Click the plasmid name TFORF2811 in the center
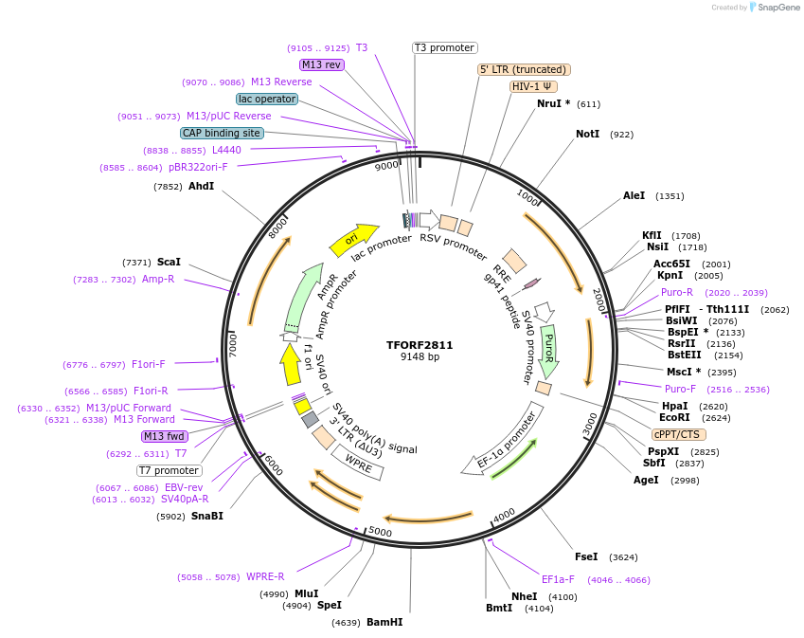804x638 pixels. (420, 344)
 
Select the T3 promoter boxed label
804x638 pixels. (445, 47)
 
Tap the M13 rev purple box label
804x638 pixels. (321, 64)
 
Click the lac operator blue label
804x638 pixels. (267, 99)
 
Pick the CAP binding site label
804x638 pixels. (221, 134)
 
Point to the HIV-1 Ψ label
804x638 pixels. (533, 86)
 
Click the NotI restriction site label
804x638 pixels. (587, 135)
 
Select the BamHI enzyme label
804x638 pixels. (384, 623)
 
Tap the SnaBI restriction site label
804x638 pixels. (207, 517)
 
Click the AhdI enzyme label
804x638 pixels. (201, 187)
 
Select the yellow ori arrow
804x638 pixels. (353, 241)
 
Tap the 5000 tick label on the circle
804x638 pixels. (381, 532)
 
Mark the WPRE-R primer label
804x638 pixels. (265, 576)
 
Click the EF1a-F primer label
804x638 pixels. (558, 579)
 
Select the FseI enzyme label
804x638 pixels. (586, 556)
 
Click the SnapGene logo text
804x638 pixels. (777, 8)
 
